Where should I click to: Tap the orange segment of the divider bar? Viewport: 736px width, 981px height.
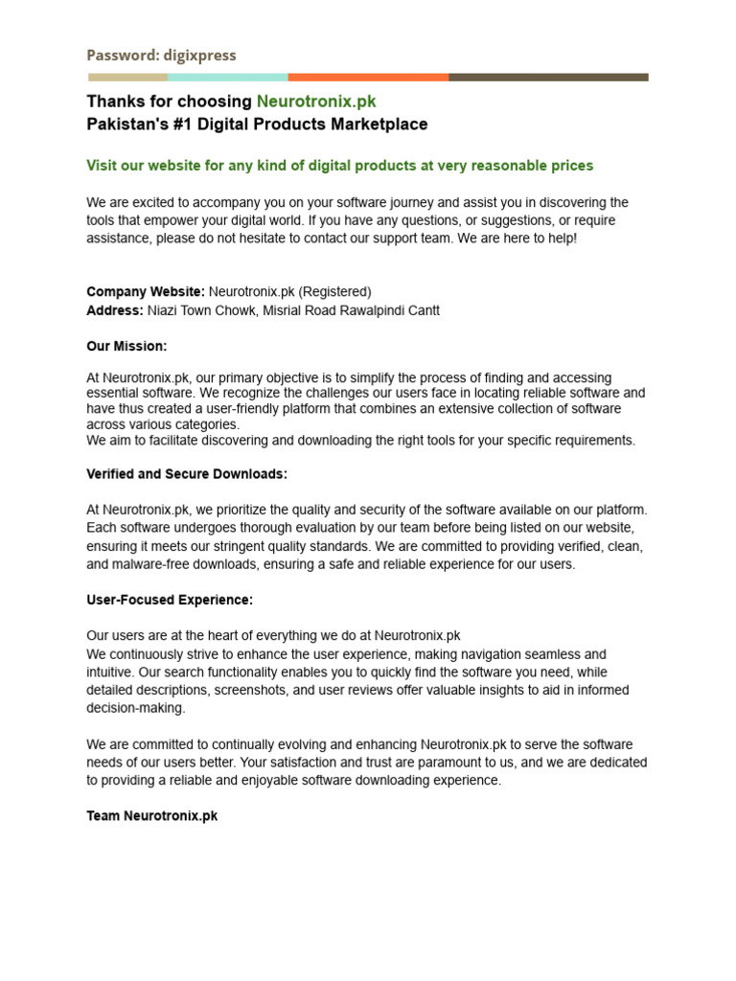(368, 77)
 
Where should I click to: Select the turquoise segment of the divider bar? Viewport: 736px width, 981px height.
(228, 77)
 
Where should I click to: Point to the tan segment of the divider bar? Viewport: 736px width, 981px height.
(127, 77)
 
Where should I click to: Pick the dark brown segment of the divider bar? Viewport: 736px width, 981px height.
(548, 77)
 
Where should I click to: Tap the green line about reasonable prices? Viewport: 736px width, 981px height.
(340, 166)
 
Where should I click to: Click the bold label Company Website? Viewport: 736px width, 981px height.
(146, 291)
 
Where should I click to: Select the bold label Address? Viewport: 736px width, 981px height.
(115, 310)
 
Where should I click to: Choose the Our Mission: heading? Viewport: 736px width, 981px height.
(126, 346)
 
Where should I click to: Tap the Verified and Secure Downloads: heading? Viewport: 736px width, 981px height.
(187, 474)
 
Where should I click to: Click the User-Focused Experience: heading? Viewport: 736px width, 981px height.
(170, 600)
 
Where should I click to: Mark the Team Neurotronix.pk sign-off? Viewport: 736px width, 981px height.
(152, 816)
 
